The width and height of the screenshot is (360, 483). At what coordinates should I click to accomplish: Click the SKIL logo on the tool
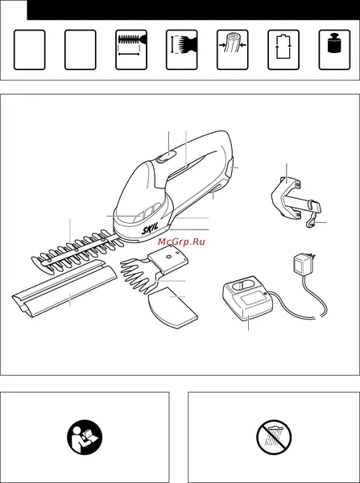150,229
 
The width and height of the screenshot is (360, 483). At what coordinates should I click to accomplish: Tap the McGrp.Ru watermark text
181,242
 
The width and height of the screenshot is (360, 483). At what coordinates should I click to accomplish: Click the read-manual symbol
85,437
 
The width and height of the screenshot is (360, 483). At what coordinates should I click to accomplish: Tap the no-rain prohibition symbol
274,437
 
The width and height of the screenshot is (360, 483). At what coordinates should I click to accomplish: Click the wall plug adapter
303,262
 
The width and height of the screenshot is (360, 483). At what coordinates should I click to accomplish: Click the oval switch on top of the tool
167,156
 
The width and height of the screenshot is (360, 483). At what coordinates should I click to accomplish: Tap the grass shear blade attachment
154,269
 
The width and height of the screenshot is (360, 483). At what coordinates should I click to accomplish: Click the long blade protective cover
64,289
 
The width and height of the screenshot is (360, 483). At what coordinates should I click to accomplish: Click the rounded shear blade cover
173,308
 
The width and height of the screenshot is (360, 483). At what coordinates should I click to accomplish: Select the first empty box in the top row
30,50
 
